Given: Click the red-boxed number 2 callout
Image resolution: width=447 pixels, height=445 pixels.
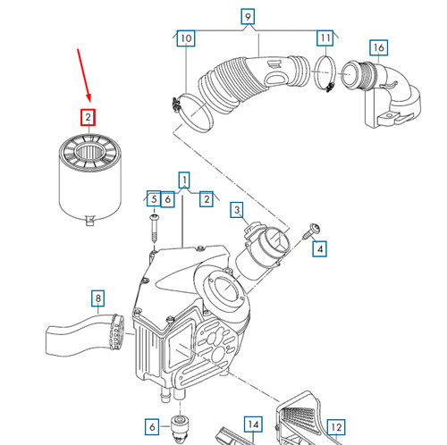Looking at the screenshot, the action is (x=88, y=117).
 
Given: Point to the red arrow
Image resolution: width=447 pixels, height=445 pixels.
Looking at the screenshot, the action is (x=84, y=75).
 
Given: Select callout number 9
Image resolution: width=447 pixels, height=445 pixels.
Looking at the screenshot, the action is (x=248, y=16).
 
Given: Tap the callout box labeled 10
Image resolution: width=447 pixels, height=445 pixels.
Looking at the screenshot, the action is (x=186, y=38).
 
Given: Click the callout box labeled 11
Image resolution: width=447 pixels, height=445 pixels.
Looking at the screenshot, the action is (x=325, y=38).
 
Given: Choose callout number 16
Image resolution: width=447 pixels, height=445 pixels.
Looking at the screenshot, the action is (x=379, y=47).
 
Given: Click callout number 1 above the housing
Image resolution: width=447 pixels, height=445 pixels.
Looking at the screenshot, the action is (x=184, y=180).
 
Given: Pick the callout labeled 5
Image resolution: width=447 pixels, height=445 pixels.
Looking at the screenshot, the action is (x=154, y=198).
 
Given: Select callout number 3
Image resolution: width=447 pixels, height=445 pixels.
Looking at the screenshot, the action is (x=237, y=210).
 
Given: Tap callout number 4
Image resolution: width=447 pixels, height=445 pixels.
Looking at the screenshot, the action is (x=320, y=248).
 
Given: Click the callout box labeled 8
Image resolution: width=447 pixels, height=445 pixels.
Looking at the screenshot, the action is (x=98, y=298).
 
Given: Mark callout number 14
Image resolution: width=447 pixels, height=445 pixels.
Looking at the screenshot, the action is (x=253, y=424).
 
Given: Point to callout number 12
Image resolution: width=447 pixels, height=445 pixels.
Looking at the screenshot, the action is (x=336, y=427).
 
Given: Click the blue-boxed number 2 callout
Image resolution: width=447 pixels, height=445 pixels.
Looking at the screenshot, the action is (x=207, y=199).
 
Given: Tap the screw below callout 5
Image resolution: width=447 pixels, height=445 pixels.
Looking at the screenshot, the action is (x=154, y=229).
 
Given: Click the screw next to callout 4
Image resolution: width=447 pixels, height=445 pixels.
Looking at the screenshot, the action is (x=311, y=231).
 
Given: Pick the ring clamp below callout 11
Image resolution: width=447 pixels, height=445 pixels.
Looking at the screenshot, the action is (x=325, y=73).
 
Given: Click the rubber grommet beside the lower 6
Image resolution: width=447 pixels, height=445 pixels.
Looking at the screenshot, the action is (x=180, y=428).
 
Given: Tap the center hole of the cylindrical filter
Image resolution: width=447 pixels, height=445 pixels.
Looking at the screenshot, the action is (x=90, y=152).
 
